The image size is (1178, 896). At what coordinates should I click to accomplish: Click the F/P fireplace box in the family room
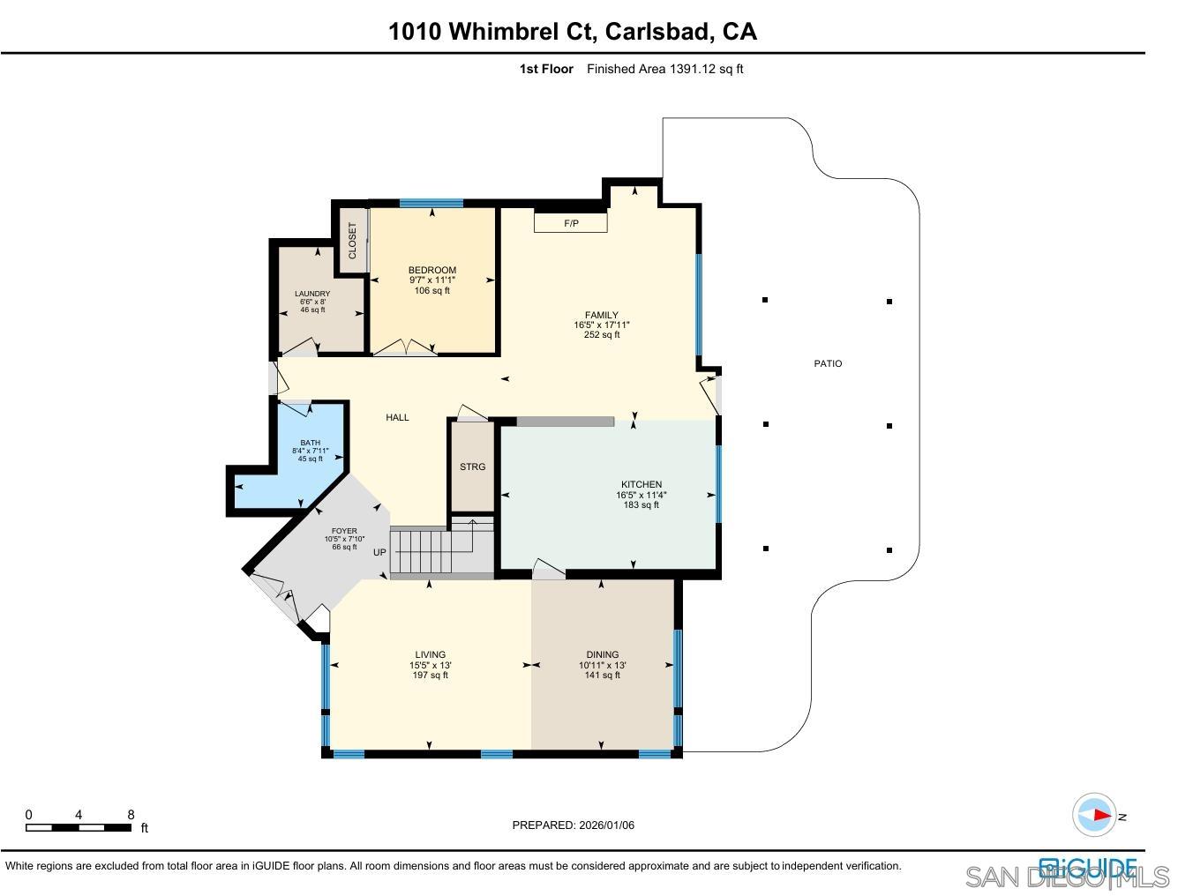(x=571, y=223)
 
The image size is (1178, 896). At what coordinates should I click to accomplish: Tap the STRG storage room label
(x=472, y=467)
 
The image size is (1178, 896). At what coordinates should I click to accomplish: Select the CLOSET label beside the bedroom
(x=353, y=240)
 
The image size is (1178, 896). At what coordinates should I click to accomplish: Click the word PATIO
(x=828, y=363)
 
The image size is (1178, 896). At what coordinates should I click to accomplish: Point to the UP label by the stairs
(x=379, y=553)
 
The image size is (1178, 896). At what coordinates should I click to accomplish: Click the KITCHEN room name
(x=642, y=484)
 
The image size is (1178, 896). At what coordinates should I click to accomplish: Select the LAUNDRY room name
(x=312, y=294)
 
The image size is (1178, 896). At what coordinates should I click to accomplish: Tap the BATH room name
(x=310, y=443)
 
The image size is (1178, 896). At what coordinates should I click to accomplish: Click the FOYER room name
(x=344, y=531)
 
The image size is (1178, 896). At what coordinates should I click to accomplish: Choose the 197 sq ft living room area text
(x=431, y=676)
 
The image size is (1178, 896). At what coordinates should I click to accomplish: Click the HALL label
(x=397, y=417)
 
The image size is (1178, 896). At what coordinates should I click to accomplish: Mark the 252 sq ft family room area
(x=602, y=335)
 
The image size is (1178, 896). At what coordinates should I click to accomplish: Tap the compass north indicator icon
(x=1095, y=815)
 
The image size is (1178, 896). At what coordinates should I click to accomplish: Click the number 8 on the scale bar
(x=131, y=815)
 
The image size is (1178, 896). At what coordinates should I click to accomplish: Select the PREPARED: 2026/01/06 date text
(x=574, y=825)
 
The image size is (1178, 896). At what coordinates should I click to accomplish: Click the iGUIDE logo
(x=1087, y=866)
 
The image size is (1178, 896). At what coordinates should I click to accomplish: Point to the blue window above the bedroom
(x=431, y=204)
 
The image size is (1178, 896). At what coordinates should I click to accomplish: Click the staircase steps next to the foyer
(x=422, y=551)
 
